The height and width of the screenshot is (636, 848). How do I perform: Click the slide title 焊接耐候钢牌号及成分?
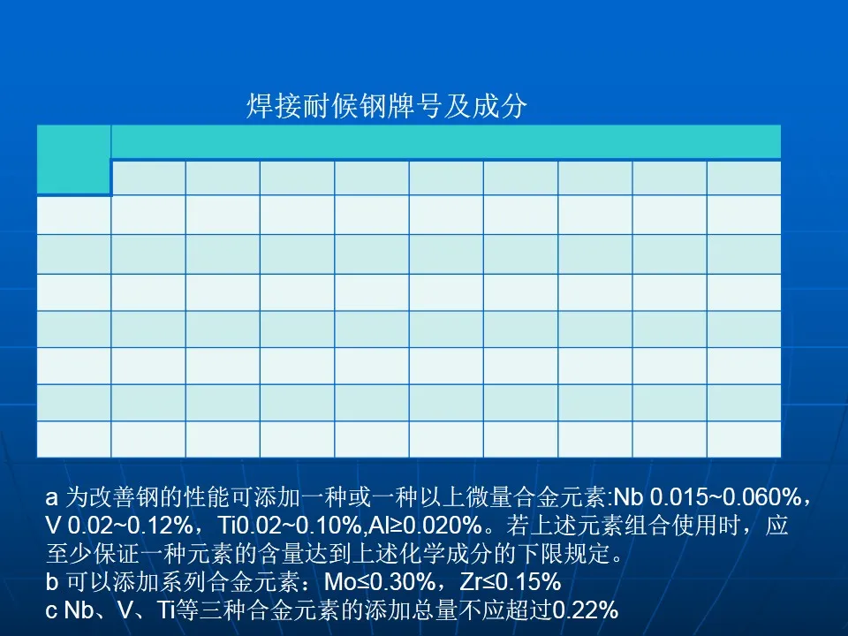(387, 105)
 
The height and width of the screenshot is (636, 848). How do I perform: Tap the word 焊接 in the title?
(274, 105)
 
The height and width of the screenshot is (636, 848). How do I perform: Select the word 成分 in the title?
(500, 105)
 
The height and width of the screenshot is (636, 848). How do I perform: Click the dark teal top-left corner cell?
(73, 160)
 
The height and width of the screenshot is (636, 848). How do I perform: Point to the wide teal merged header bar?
(446, 142)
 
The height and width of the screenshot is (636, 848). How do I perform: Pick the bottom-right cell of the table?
(744, 439)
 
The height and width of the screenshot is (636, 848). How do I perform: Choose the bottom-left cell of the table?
(73, 439)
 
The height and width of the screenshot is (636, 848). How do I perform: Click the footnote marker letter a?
(52, 497)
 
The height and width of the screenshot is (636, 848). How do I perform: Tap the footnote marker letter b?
(52, 581)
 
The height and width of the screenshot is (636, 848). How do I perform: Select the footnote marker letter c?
(51, 610)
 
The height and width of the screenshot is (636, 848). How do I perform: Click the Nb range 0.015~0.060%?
(725, 497)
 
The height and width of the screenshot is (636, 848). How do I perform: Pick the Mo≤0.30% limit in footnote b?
(380, 581)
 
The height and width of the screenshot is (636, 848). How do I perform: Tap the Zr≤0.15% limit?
(511, 581)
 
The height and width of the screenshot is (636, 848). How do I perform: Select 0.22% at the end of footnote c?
(585, 610)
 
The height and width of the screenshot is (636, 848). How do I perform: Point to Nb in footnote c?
(79, 610)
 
